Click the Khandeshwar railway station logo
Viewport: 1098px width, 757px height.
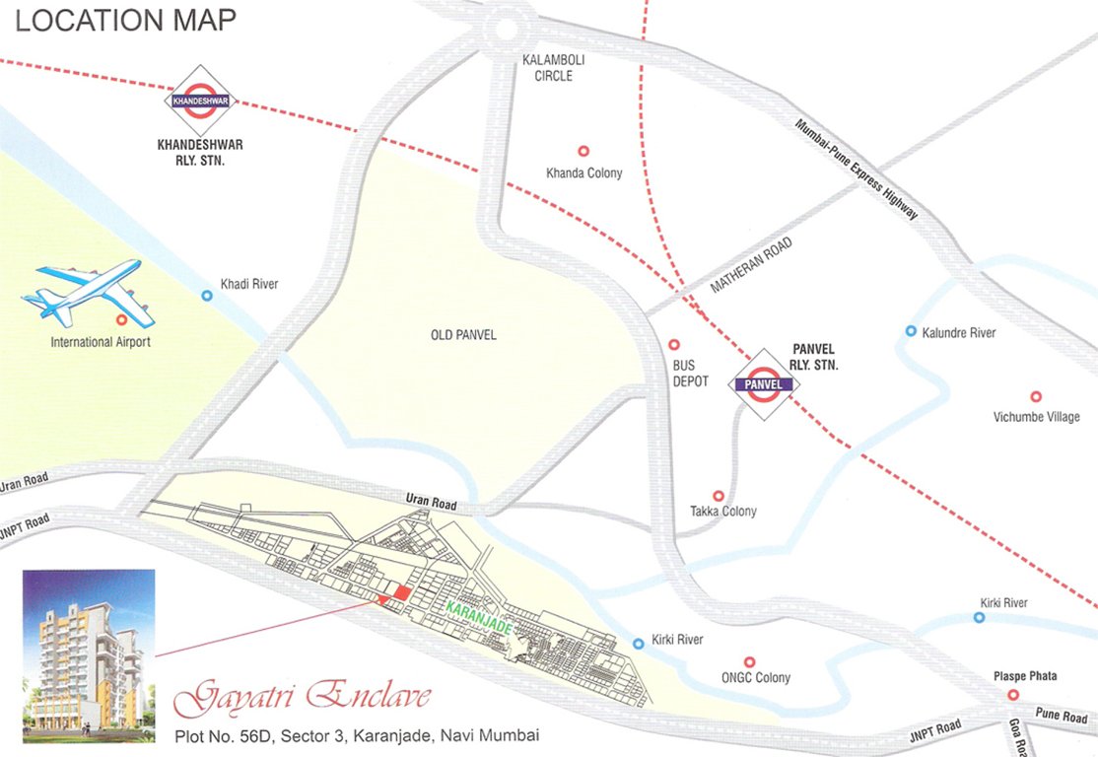(200, 101)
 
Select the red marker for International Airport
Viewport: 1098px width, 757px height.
(121, 320)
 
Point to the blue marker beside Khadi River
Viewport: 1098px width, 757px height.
(207, 295)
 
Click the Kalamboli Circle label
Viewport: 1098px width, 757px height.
(553, 68)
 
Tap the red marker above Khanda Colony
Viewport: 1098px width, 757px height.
(583, 152)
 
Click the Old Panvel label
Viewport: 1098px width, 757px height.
(463, 336)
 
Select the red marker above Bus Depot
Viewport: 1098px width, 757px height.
(674, 345)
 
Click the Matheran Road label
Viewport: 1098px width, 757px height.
(751, 267)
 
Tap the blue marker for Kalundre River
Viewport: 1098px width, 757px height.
(911, 331)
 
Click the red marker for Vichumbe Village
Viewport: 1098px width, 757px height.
(1036, 396)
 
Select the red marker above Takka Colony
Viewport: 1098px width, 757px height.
(719, 496)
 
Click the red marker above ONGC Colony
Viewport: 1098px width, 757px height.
(749, 661)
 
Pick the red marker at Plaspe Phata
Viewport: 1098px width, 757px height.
(1012, 695)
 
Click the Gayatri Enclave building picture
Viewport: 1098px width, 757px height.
(89, 654)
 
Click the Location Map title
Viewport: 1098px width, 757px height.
(125, 21)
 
